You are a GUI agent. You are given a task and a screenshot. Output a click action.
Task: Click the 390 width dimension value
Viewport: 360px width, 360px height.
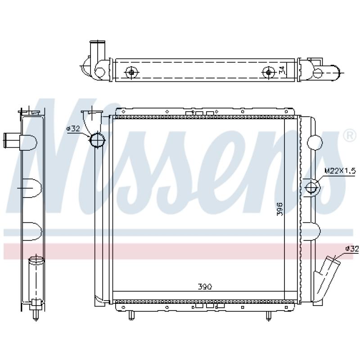(205, 287)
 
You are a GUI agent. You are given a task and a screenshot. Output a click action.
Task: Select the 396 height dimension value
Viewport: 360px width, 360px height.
(279, 209)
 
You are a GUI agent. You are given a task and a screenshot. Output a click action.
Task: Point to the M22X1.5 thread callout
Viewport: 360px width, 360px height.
(340, 171)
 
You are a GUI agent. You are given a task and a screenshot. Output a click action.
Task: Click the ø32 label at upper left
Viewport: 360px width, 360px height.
(73, 129)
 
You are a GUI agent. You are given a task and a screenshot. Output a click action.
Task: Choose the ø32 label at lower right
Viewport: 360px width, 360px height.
(352, 249)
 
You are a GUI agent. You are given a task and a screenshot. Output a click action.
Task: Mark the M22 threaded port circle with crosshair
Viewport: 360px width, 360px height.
(311, 187)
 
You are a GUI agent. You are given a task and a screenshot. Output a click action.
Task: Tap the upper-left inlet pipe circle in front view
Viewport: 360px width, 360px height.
(97, 140)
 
